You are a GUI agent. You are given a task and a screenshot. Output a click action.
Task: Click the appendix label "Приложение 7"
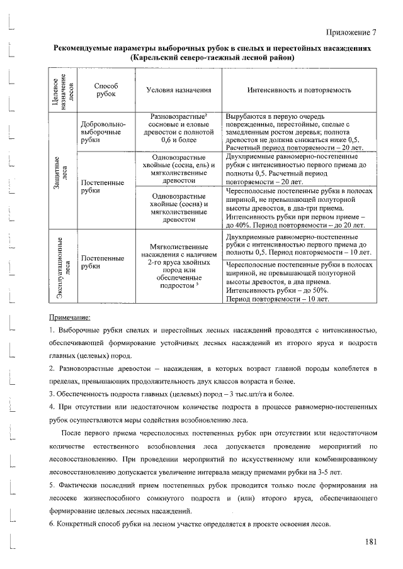[352, 33]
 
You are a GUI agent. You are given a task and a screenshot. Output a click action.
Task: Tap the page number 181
[370, 542]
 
